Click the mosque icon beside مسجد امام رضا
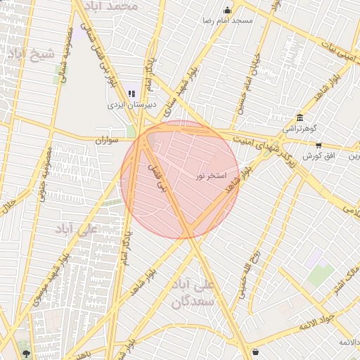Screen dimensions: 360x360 pos(227,10)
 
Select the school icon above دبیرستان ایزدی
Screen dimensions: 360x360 pos(131,94)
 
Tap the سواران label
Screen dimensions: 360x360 pos(109,141)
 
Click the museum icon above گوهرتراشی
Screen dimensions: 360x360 pos(300,117)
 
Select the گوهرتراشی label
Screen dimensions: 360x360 pos(300,129)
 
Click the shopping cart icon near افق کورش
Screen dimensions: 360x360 pos(319,146)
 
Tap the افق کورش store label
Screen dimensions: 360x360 pos(317,155)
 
